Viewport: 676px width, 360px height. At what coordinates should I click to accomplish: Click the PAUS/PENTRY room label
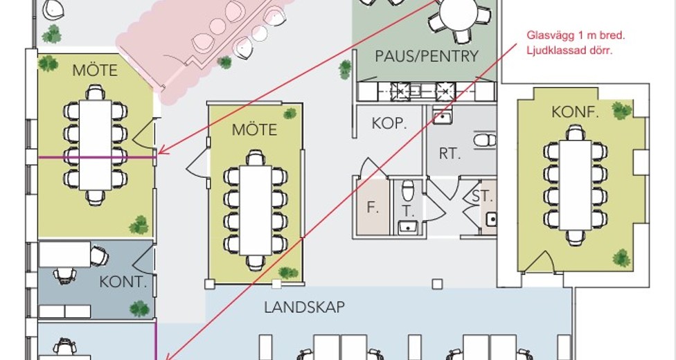[427, 57]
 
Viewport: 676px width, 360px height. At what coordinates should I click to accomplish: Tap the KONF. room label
[575, 113]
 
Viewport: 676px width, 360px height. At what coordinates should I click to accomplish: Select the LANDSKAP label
[304, 307]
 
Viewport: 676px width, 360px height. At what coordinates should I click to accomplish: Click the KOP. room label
[389, 124]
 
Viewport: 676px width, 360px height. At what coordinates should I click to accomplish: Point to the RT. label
[450, 154]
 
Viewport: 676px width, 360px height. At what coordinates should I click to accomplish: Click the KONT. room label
[123, 282]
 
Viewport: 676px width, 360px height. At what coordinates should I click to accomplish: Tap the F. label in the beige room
[373, 208]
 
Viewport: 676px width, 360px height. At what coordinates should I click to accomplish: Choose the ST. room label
[481, 196]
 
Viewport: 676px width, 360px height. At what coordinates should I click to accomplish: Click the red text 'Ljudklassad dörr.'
[569, 51]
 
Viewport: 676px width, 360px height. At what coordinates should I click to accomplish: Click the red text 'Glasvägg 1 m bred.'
[576, 35]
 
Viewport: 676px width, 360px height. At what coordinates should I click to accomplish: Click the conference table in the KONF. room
[575, 185]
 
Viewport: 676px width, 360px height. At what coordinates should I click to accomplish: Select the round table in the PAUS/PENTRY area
[459, 13]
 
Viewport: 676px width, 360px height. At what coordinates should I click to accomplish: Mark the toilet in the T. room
[407, 190]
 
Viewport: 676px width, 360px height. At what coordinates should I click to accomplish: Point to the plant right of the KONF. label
[621, 111]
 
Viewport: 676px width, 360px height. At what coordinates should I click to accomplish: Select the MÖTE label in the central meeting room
[254, 129]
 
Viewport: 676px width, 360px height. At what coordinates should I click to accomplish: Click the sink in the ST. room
[492, 219]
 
